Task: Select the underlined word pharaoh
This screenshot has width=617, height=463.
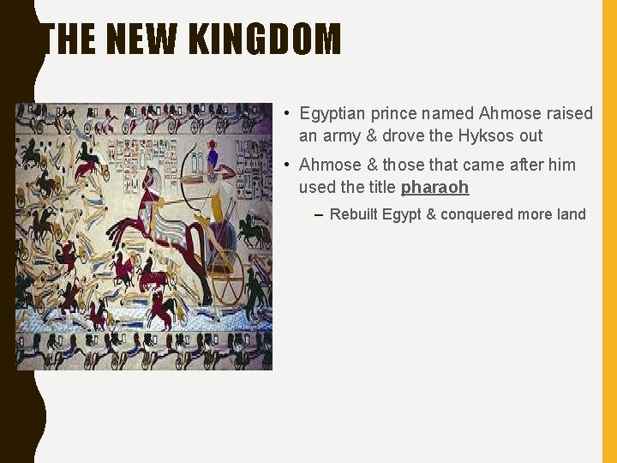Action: pyautogui.click(x=434, y=187)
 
